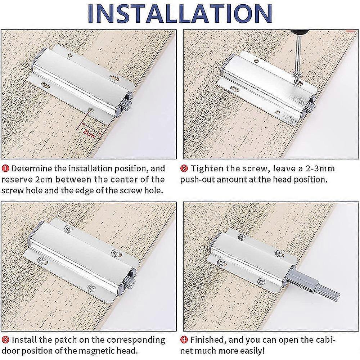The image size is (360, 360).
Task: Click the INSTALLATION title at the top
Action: pos(180,13)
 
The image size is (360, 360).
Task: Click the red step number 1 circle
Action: pos(6,168)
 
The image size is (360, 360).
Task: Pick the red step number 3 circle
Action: pos(6,339)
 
